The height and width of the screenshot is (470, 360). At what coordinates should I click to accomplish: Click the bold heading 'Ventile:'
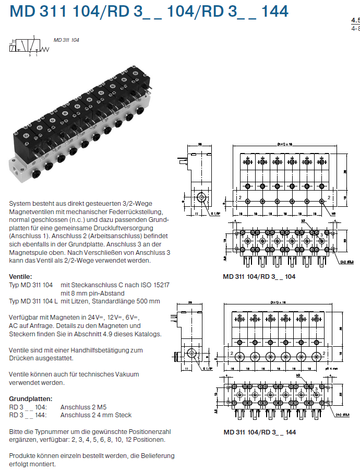(21, 276)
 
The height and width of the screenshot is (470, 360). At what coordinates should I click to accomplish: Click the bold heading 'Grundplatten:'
(28, 399)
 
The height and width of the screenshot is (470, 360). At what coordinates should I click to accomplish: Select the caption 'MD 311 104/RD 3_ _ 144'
(259, 432)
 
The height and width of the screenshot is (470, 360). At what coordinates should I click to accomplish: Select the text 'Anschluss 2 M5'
(86, 407)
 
